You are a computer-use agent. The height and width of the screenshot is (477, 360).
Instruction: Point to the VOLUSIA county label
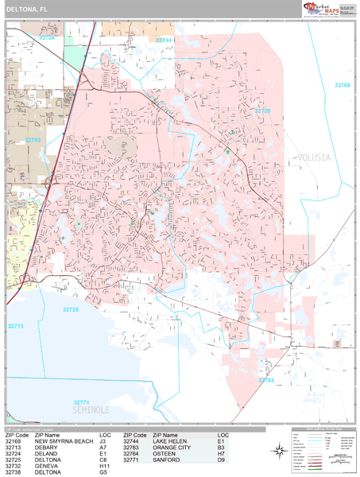(314, 157)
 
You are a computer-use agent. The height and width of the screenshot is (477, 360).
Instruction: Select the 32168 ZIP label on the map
(342, 84)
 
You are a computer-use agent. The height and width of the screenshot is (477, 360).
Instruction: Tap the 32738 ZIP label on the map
(263, 111)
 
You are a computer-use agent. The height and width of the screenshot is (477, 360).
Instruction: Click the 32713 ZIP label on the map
(16, 325)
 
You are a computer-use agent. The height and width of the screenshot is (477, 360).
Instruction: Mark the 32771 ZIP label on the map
(83, 402)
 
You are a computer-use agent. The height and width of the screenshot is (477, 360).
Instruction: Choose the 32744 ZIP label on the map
(165, 39)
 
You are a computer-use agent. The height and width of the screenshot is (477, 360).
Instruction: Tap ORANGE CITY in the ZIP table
(172, 448)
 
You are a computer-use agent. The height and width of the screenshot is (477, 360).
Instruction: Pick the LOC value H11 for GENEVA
(106, 467)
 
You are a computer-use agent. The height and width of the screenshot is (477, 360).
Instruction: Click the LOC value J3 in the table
(103, 441)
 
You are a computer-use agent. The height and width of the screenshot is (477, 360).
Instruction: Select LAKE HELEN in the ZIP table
(170, 441)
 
